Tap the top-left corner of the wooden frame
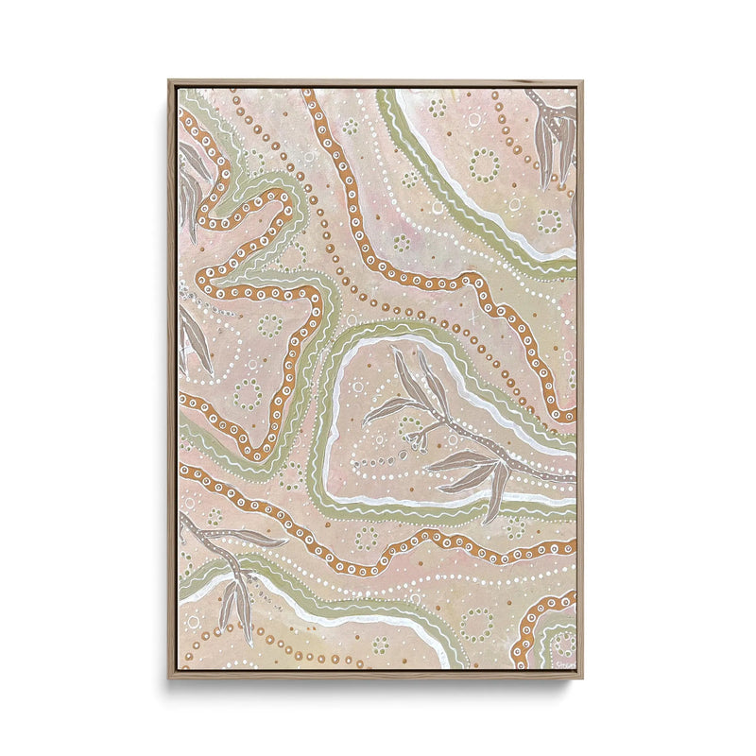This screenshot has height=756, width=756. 170,81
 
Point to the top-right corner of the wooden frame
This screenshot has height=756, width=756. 582,81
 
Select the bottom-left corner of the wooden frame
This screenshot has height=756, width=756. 170,678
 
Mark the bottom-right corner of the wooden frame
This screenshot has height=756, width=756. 582,678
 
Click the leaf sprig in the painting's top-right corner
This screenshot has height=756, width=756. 555,137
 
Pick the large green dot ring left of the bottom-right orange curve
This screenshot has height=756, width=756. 477,624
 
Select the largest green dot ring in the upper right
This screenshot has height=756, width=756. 484,165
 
